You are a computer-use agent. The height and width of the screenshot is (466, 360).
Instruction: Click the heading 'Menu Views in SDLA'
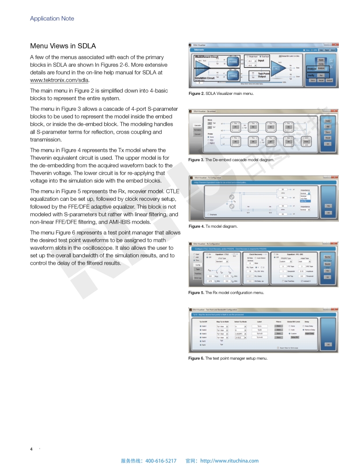click(63, 46)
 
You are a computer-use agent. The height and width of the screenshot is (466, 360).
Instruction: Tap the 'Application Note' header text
click(52, 19)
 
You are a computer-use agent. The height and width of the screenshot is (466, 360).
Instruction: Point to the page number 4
click(31, 449)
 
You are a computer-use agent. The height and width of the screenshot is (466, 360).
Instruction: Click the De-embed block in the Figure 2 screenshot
click(232, 61)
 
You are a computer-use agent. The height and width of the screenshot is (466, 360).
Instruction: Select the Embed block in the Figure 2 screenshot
click(232, 75)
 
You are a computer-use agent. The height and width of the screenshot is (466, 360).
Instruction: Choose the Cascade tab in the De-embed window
click(198, 125)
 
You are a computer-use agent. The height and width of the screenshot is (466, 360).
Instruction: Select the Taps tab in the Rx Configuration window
click(198, 269)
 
